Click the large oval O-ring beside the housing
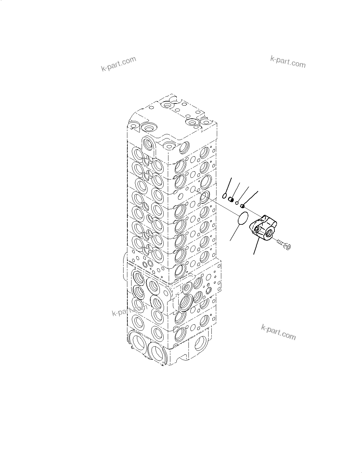(243, 218)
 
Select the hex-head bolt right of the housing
(283, 244)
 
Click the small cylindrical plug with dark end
(231, 200)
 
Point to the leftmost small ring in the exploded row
(225, 196)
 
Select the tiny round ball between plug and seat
(237, 202)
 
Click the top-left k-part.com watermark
(118, 64)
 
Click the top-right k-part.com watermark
(287, 62)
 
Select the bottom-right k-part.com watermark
(278, 332)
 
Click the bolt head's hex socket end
(288, 246)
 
